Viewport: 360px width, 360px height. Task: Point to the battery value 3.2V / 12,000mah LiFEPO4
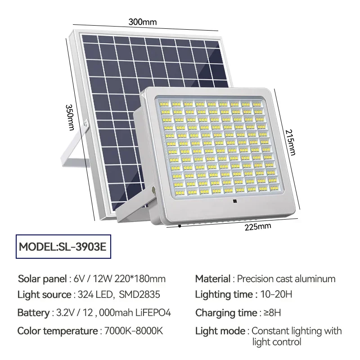point(113,313)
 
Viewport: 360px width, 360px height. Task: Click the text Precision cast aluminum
point(286,279)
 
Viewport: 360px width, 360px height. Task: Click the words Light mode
point(220,331)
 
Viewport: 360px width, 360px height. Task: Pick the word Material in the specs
point(212,279)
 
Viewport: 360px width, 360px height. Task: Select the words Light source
point(44,295)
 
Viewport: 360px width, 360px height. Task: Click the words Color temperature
point(57,331)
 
